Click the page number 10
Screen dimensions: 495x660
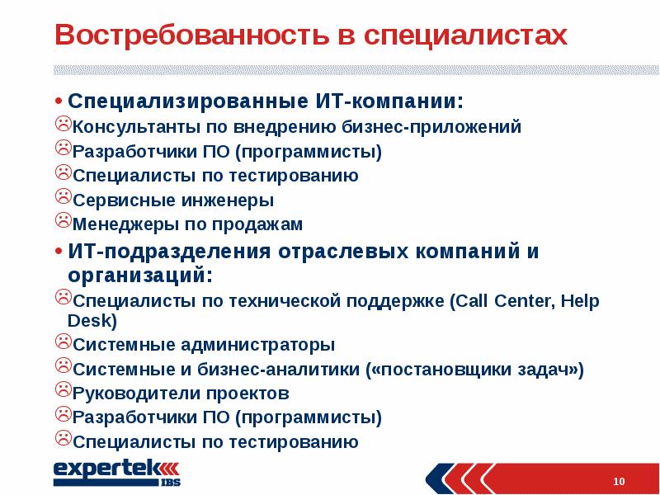(x=620, y=480)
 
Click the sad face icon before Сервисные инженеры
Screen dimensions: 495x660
(x=63, y=199)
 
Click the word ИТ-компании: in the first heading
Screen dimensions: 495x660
(x=389, y=101)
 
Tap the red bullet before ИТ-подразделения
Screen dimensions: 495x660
(x=59, y=251)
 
